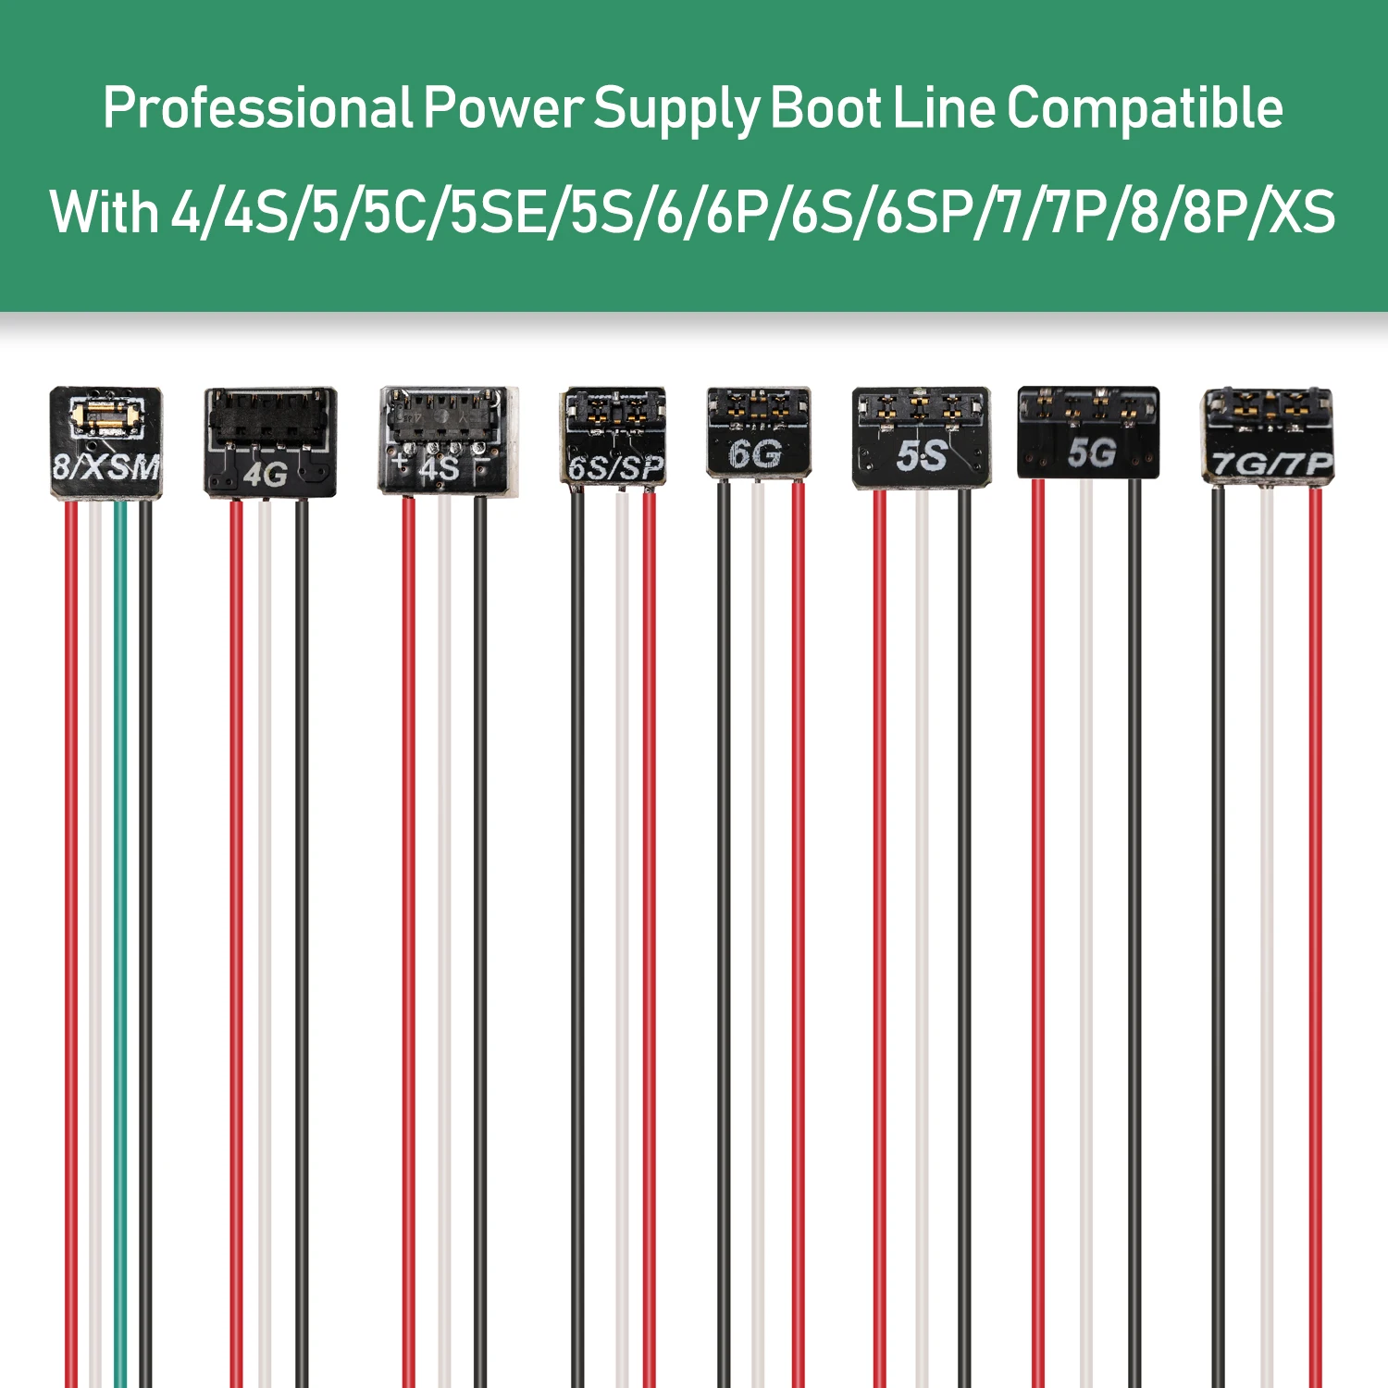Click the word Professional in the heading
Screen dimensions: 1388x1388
257,109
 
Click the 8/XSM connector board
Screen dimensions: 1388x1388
105,442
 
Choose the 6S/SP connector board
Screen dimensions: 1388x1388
613,436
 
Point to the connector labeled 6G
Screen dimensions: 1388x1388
759,432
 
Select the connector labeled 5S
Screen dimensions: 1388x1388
921,438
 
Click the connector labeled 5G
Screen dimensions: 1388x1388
1088,433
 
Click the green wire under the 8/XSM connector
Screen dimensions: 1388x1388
120,925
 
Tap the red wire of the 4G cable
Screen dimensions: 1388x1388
237,925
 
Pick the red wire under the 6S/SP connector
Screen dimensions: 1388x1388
650,925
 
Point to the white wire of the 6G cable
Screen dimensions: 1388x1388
759,925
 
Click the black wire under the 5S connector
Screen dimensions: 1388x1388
964,925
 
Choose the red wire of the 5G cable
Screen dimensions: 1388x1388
1038,925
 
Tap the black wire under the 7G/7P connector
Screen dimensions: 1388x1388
1218,925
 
